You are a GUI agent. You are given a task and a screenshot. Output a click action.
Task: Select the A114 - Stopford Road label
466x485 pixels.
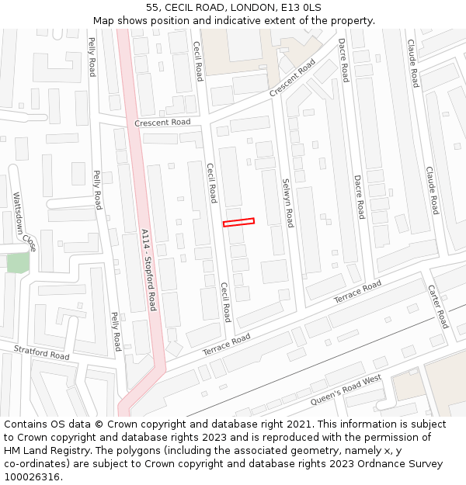pyautogui.click(x=148, y=268)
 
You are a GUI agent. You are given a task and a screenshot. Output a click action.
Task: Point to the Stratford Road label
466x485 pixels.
pyautogui.click(x=41, y=352)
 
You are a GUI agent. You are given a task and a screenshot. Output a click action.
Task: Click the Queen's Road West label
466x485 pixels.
pyautogui.click(x=346, y=391)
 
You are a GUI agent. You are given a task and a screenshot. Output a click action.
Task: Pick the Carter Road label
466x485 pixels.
pyautogui.click(x=438, y=306)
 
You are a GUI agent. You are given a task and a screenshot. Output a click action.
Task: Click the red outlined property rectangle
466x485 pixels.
pyautogui.click(x=238, y=223)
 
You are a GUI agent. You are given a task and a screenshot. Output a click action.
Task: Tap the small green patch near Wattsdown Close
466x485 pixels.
pyautogui.click(x=17, y=262)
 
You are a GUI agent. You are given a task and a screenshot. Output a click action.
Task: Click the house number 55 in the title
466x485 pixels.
pyautogui.click(x=152, y=8)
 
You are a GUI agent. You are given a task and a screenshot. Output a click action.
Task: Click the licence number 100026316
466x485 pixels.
pyautogui.click(x=31, y=477)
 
